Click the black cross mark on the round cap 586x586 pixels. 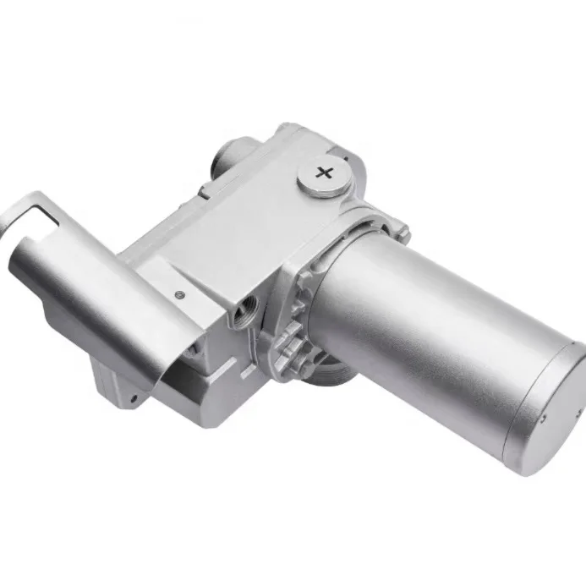[x=323, y=173]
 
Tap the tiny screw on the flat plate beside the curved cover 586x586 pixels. [x=180, y=294]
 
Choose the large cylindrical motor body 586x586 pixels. [x=431, y=330]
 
